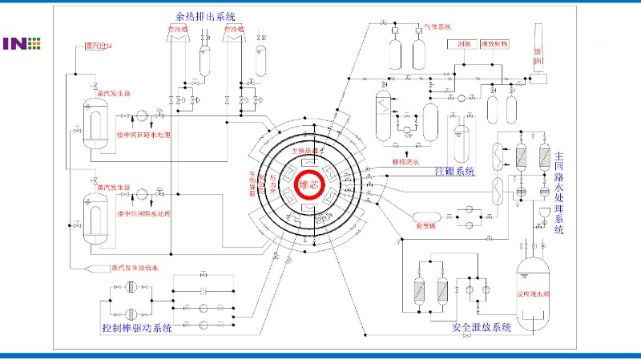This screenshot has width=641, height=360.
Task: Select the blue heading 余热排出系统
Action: [212, 16]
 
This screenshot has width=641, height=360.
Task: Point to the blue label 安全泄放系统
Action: [482, 328]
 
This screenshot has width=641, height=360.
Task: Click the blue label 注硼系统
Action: [454, 171]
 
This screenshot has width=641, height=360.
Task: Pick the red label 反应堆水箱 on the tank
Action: [534, 294]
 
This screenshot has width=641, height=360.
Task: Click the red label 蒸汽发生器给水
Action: [138, 267]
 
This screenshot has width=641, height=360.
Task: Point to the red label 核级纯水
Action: [405, 161]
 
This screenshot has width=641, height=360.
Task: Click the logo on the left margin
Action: [22, 43]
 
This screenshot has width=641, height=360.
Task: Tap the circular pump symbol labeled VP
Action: [406, 128]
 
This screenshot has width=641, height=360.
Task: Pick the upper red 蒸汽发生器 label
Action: [112, 93]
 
